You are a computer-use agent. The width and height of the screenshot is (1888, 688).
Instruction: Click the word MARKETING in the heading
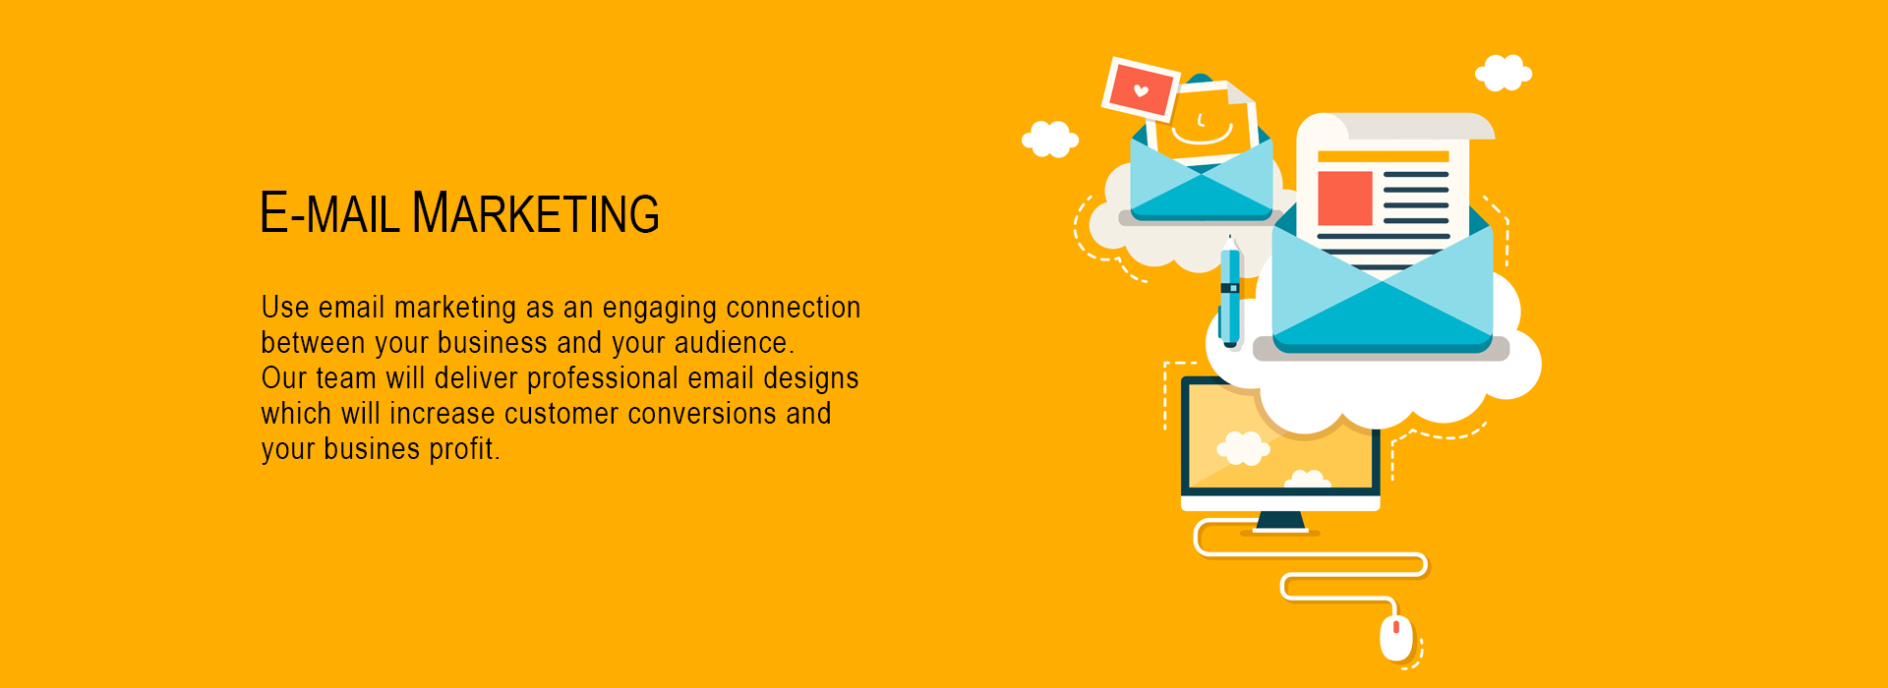(x=536, y=212)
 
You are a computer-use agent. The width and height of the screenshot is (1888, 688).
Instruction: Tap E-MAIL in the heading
(x=330, y=212)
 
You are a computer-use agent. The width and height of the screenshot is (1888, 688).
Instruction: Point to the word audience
(x=734, y=343)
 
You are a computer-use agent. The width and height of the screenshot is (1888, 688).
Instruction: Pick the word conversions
(x=702, y=414)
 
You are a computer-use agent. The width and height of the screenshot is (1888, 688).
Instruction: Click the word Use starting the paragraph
(x=285, y=308)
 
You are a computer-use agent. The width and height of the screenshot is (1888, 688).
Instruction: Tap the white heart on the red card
(x=1141, y=91)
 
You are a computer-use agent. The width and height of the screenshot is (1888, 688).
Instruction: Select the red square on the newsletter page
(x=1344, y=198)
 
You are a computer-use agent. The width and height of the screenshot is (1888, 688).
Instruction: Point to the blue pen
(x=1230, y=291)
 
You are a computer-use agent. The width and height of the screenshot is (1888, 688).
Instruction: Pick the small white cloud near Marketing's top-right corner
(x=1504, y=73)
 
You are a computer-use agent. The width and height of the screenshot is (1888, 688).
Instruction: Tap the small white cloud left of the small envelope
(x=1050, y=139)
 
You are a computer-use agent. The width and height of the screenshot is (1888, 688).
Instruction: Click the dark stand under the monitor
(x=1280, y=522)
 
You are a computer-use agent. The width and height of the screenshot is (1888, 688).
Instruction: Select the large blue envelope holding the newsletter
(x=1383, y=285)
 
